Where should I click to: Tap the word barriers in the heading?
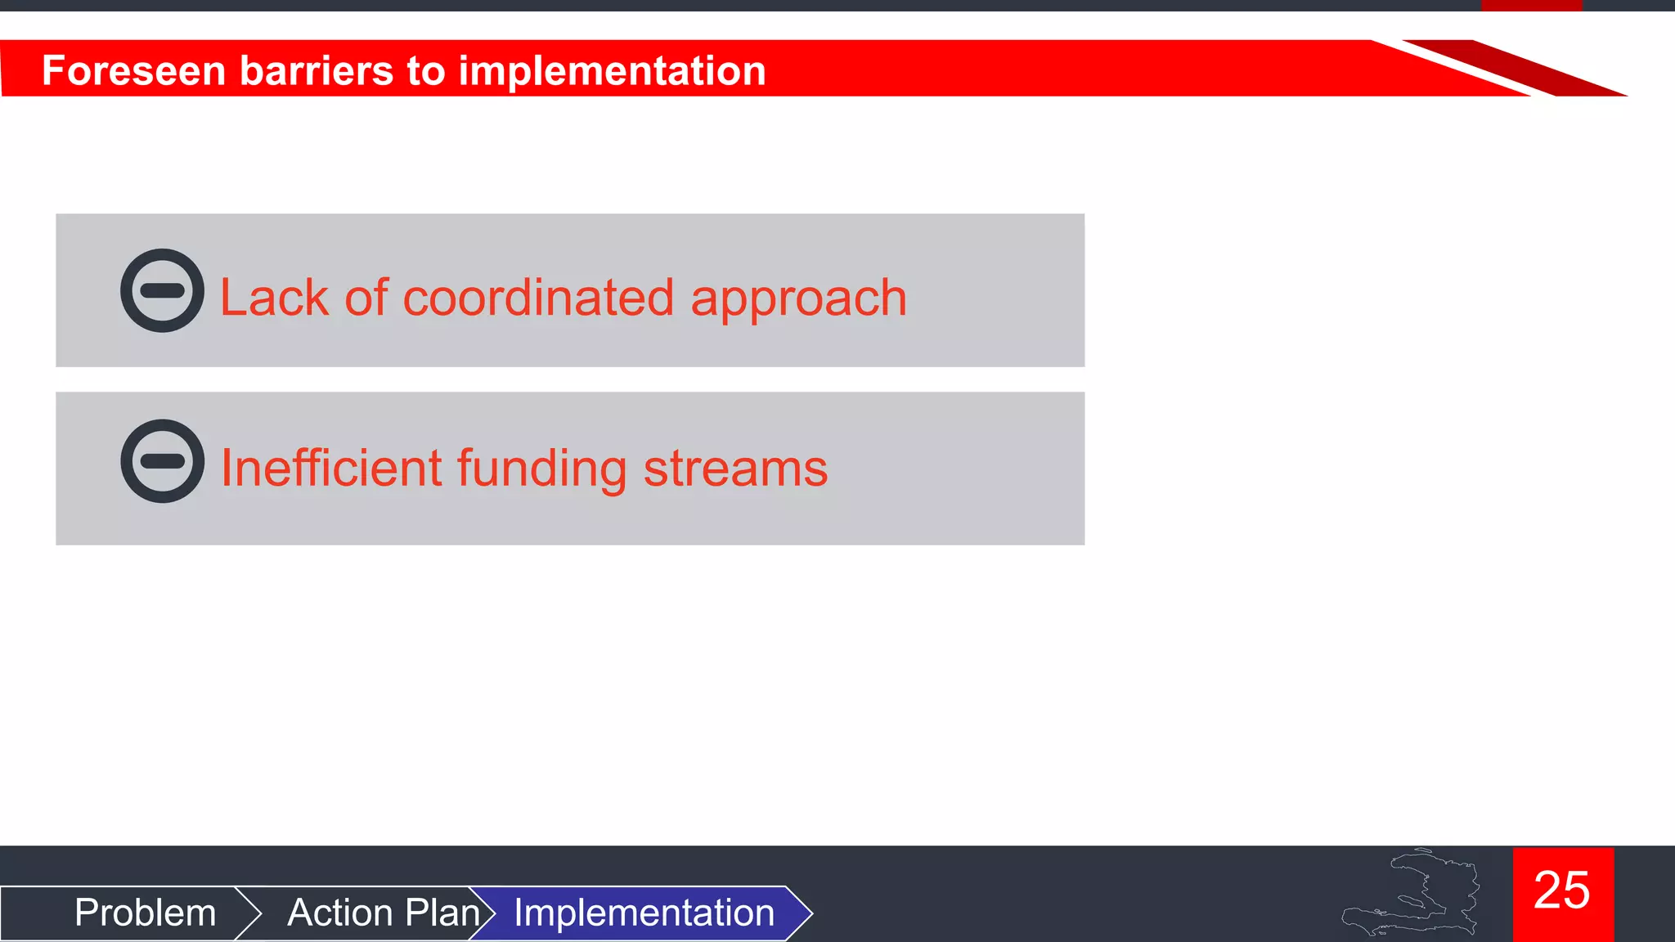tap(315, 70)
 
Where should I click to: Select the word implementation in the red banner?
tap(612, 70)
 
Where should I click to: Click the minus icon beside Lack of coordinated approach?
tap(162, 290)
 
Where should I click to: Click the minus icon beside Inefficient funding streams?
tap(162, 461)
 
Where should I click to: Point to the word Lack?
tap(274, 298)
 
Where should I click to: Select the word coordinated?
tap(538, 298)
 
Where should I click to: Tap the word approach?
tap(798, 299)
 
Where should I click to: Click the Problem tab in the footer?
tap(145, 913)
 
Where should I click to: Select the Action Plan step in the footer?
tap(383, 913)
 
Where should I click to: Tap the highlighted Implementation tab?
tap(644, 913)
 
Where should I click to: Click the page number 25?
tap(1562, 890)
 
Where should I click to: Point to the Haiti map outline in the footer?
tap(1415, 895)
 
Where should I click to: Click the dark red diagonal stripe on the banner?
tap(1513, 67)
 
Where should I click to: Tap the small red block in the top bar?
tap(1531, 5)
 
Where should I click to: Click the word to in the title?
tap(425, 70)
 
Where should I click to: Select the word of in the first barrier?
tap(366, 298)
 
